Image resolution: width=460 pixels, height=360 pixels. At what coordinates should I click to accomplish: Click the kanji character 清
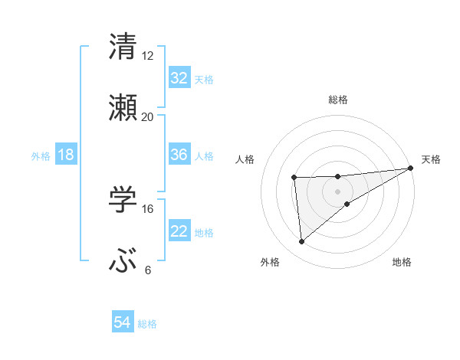pyautogui.click(x=123, y=46)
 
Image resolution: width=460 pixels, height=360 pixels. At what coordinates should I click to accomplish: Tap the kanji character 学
pyautogui.click(x=123, y=200)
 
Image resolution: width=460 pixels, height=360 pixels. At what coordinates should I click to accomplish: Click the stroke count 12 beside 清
pyautogui.click(x=148, y=55)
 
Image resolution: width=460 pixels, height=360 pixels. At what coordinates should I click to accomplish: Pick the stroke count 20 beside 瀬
pyautogui.click(x=148, y=116)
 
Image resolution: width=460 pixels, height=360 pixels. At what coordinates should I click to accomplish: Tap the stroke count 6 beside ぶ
pyautogui.click(x=148, y=270)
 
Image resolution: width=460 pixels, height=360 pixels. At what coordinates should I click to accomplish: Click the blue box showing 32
pyautogui.click(x=179, y=78)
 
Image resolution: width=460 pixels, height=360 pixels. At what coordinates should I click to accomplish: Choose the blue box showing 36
pyautogui.click(x=179, y=155)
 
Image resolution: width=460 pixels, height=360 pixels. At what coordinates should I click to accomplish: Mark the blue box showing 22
pyautogui.click(x=179, y=231)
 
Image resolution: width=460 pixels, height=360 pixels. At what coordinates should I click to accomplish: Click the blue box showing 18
pyautogui.click(x=66, y=155)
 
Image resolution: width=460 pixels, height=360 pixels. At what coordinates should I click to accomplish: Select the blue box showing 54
pyautogui.click(x=123, y=323)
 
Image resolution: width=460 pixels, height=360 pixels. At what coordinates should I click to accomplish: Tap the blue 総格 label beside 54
pyautogui.click(x=147, y=324)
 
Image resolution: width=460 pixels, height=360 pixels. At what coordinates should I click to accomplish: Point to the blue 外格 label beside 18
pyautogui.click(x=41, y=155)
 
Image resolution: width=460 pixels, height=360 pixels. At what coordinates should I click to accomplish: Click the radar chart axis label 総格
pyautogui.click(x=338, y=100)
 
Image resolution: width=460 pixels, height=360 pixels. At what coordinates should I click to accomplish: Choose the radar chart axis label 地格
pyautogui.click(x=402, y=263)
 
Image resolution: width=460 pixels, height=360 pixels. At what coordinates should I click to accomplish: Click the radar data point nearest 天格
pyautogui.click(x=411, y=169)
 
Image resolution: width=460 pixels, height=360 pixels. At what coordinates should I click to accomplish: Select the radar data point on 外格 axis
pyautogui.click(x=301, y=241)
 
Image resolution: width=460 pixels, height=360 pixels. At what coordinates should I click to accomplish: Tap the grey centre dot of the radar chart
pyautogui.click(x=338, y=191)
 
